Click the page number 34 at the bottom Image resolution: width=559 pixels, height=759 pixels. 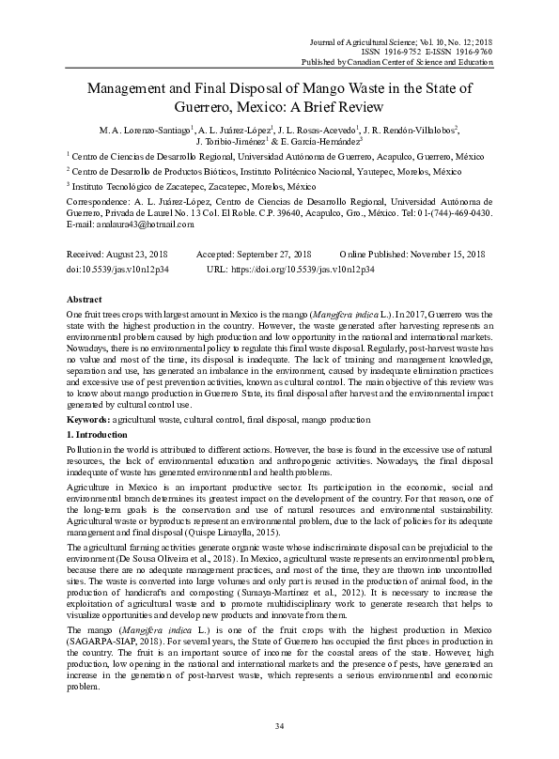point(279,727)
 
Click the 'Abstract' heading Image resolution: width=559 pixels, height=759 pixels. point(87,298)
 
